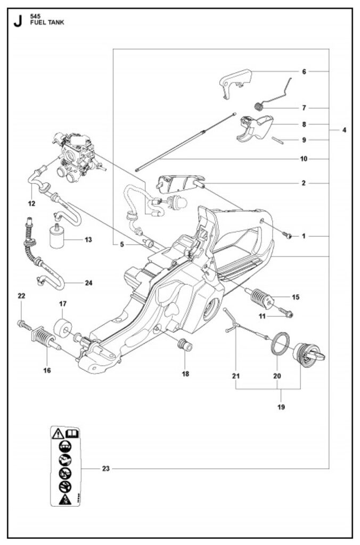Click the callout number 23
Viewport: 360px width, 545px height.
[105, 468]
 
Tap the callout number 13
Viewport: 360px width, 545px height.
[88, 240]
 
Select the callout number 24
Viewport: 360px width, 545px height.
[88, 283]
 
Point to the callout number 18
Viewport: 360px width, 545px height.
[185, 374]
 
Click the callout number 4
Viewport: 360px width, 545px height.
[344, 129]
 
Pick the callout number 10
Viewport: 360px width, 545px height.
[304, 159]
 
